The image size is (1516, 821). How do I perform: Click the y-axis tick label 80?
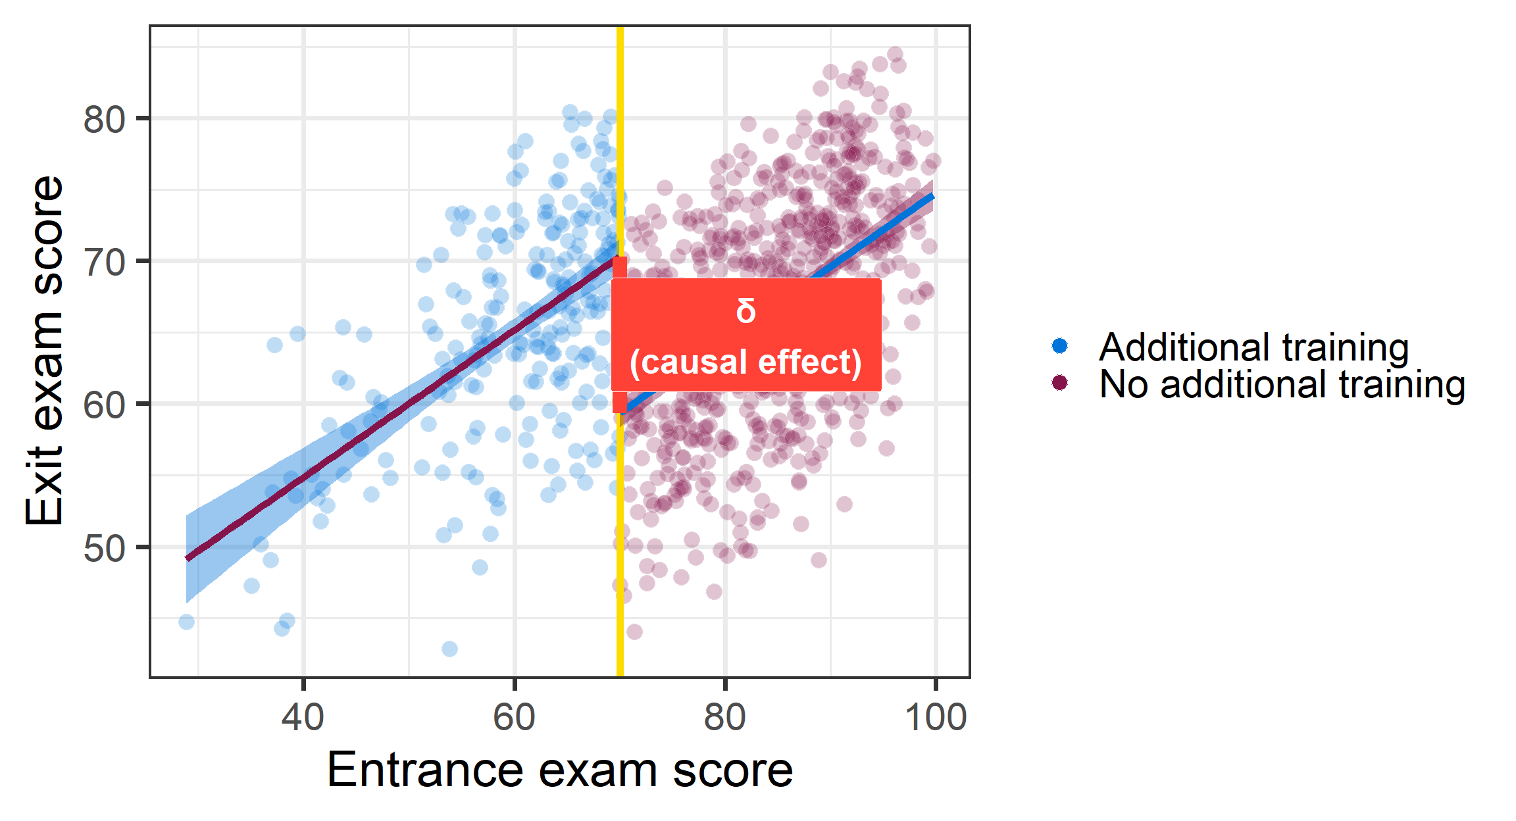coord(104,120)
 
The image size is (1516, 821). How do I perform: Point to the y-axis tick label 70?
coord(104,262)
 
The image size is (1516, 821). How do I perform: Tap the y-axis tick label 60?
coord(104,405)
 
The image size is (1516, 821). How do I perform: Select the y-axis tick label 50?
coord(104,547)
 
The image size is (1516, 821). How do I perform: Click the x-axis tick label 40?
coord(303,716)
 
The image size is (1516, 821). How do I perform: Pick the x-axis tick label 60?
coord(514,716)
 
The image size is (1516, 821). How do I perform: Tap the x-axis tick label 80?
coord(724,716)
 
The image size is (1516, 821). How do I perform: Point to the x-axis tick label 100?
coord(936,716)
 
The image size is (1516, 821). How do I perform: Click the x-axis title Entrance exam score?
coord(560,769)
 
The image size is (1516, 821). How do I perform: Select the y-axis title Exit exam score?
coord(45,351)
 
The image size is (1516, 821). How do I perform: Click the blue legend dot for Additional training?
coord(1059,346)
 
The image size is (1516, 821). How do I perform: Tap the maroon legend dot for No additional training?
coord(1059,383)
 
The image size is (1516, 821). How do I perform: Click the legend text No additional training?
coord(1282,384)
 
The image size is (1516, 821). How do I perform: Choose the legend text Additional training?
coord(1253,347)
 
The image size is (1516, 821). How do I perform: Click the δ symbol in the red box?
coord(745,311)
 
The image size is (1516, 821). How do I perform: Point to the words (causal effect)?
coord(745,362)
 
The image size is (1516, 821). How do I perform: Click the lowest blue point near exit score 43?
coord(449,649)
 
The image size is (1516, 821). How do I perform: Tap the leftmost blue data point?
coord(187,622)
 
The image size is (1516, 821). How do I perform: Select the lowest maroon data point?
coord(634,632)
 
